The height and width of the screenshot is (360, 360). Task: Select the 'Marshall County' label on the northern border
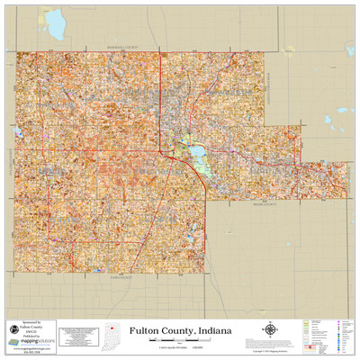click(125, 48)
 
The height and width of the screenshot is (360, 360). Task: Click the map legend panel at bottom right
click(328, 334)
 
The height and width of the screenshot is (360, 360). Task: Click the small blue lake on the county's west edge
click(18, 134)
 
